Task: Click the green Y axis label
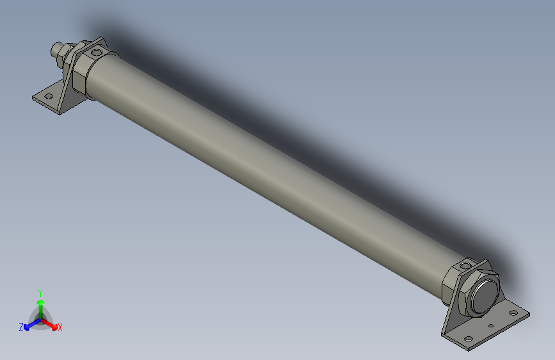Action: coord(40,291)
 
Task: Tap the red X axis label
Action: coord(60,328)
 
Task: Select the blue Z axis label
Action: coord(21,327)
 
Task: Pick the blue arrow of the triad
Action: coord(29,324)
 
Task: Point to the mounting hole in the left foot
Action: coord(47,97)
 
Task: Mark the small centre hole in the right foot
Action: coord(490,326)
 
